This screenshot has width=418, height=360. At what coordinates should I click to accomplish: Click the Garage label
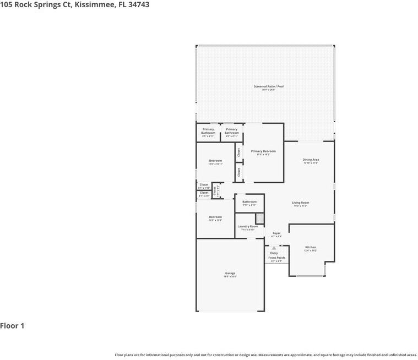pyautogui.click(x=230, y=273)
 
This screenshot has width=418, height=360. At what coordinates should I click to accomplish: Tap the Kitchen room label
pyautogui.click(x=311, y=247)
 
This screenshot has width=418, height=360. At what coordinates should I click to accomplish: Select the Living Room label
pyautogui.click(x=300, y=203)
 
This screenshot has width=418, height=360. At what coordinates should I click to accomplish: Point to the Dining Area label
pyautogui.click(x=311, y=160)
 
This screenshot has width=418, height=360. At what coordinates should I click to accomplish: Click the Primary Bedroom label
pyautogui.click(x=263, y=151)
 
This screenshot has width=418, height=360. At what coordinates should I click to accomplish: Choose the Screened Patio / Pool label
pyautogui.click(x=269, y=86)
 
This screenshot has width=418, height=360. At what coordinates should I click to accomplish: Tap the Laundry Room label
pyautogui.click(x=248, y=226)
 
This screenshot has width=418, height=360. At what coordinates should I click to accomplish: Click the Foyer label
pyautogui.click(x=276, y=233)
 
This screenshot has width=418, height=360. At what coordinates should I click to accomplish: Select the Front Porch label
pyautogui.click(x=276, y=258)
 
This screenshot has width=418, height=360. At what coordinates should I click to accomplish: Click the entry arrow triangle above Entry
pyautogui.click(x=274, y=248)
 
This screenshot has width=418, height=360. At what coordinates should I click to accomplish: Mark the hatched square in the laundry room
pyautogui.click(x=259, y=219)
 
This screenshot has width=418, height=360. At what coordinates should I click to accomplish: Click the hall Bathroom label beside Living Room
pyautogui.click(x=249, y=201)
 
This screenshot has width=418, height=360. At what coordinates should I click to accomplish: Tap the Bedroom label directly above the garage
pyautogui.click(x=215, y=217)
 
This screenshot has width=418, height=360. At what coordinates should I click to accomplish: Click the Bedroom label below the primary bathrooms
pyautogui.click(x=215, y=161)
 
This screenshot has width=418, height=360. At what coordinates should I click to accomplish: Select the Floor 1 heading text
pyautogui.click(x=12, y=326)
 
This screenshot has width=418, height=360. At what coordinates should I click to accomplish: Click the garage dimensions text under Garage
pyautogui.click(x=230, y=277)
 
